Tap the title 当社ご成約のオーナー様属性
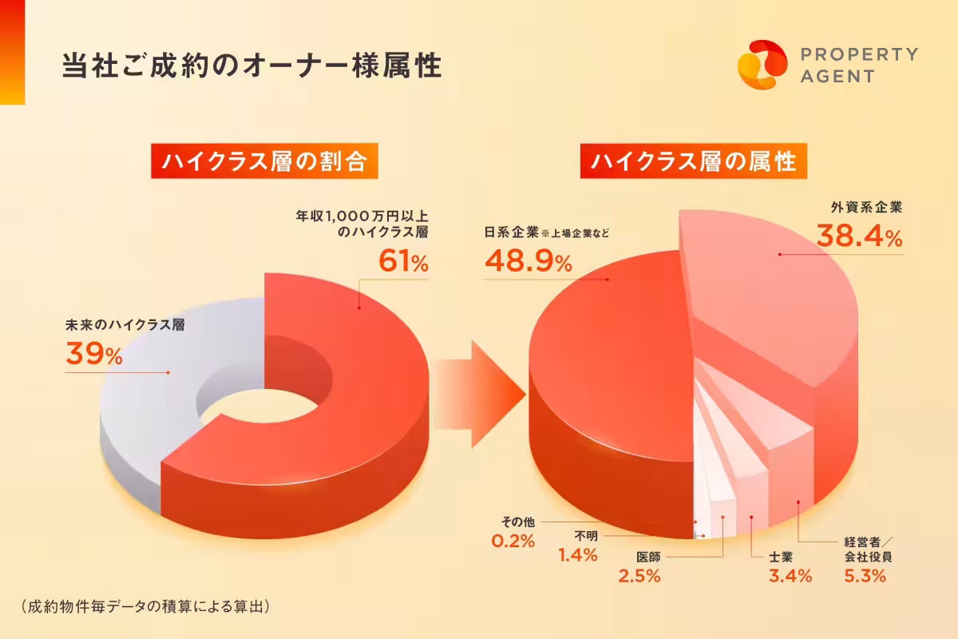251,66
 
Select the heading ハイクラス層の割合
263,162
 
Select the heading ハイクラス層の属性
694,162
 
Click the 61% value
404,261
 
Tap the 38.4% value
859,236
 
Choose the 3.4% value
790,575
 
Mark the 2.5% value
639,575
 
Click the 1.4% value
577,554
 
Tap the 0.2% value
513,541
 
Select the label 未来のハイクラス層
130,326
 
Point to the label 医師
648,555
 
